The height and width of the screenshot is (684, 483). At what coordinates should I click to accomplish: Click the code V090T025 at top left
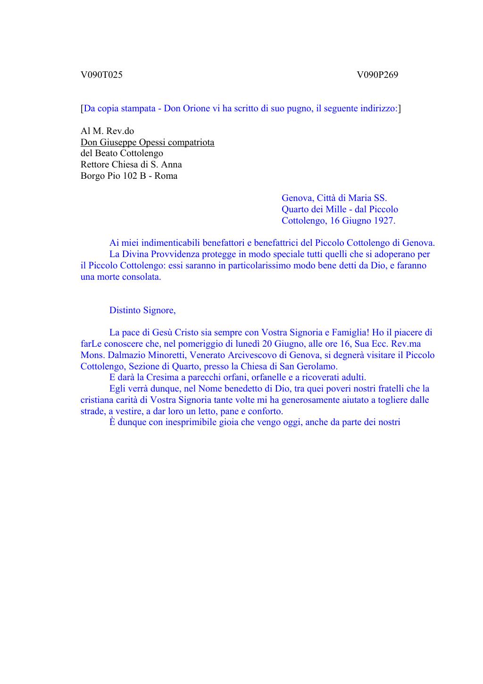(101, 75)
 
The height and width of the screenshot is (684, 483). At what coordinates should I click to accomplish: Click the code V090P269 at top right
(377, 75)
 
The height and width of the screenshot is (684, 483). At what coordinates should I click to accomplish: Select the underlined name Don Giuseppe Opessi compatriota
(147, 142)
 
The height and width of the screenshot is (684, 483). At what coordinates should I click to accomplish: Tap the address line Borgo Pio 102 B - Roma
(129, 176)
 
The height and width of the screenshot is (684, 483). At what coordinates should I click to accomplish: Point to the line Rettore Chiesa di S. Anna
(131, 165)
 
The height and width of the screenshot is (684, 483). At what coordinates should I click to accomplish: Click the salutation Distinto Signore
(142, 310)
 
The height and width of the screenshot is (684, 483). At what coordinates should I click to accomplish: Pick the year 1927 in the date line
(384, 220)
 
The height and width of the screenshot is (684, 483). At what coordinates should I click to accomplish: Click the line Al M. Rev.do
(108, 131)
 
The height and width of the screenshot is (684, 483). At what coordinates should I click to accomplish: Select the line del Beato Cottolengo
(122, 153)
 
